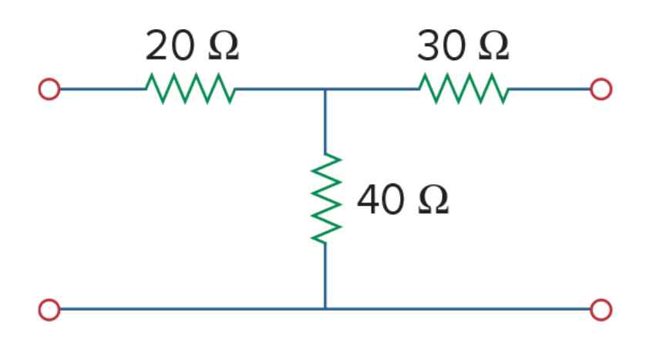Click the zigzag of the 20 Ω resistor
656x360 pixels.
[190, 89]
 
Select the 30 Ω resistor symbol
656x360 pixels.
[464, 89]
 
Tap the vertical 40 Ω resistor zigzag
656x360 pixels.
[326, 198]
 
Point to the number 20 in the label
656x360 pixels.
[170, 45]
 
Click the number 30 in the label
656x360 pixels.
[442, 45]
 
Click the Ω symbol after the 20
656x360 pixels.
[224, 46]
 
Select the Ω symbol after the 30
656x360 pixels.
[494, 46]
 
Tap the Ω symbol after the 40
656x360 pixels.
[433, 200]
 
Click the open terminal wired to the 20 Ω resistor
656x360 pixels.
[49, 89]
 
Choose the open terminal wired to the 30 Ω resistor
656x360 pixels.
[601, 89]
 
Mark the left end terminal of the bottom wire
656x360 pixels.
[49, 310]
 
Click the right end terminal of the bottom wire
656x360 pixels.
[601, 310]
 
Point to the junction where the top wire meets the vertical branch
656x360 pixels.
[325, 89]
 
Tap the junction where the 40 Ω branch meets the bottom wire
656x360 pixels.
[325, 309]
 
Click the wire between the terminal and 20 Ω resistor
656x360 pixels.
[103, 89]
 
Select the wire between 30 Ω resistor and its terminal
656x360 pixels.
[550, 89]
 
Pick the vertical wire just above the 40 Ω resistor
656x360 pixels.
[325, 121]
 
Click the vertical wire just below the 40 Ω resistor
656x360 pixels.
[325, 276]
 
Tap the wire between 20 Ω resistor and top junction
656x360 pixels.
[280, 89]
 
